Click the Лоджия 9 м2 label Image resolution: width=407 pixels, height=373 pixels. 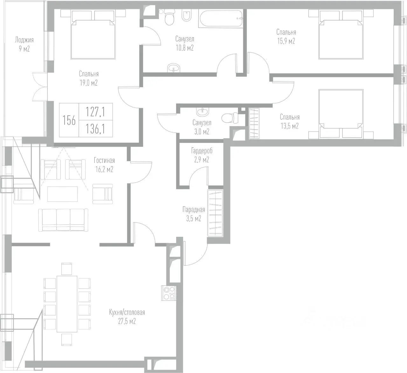click(24, 44)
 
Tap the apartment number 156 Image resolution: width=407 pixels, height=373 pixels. click(69, 120)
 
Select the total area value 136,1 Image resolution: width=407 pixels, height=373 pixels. click(95, 129)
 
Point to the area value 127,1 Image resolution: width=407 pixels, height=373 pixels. click(95, 112)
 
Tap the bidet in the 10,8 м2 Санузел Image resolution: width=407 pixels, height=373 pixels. click(186, 16)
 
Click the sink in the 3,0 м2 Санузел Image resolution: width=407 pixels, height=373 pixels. click(202, 112)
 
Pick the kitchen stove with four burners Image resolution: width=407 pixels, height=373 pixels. click(169, 293)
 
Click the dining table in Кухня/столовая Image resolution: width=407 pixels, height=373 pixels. click(67, 304)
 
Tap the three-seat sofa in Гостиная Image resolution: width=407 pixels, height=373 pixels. click(63, 220)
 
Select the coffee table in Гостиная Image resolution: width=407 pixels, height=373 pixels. click(63, 194)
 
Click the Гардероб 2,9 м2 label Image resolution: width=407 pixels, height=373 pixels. click(202, 155)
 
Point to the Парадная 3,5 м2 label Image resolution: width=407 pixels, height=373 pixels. click(194, 214)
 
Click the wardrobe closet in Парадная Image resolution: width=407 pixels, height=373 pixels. click(215, 213)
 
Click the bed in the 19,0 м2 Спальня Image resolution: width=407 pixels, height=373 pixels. click(93, 35)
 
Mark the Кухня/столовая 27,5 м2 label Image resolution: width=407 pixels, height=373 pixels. click(127, 317)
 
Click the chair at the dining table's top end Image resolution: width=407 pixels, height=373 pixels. click(67, 269)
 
